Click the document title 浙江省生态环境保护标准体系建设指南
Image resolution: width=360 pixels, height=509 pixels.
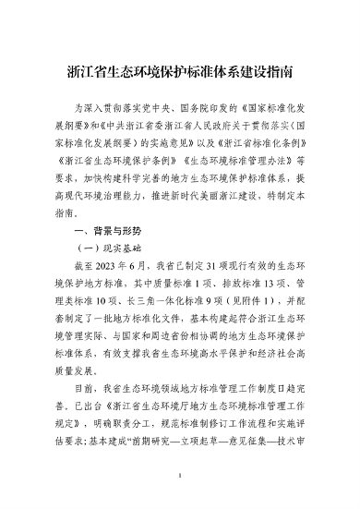(x=179, y=69)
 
